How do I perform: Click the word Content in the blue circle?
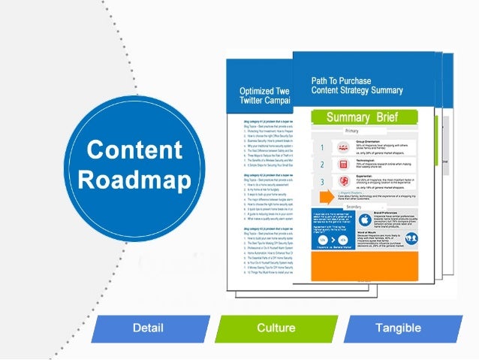click(134, 149)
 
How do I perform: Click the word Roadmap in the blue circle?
click(134, 180)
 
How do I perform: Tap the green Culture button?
click(276, 328)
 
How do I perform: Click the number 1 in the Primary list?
click(322, 148)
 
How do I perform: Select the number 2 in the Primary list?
click(322, 165)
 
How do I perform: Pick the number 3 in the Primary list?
click(322, 182)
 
